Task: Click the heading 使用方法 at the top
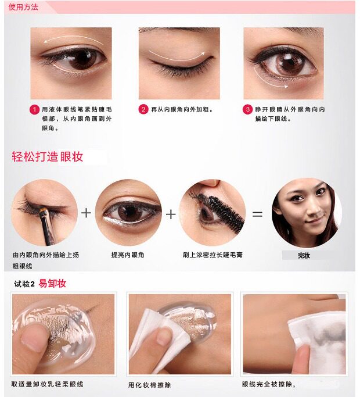(23, 7)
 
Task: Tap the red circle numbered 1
(35, 110)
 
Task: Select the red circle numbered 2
(143, 109)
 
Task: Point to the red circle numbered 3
(248, 109)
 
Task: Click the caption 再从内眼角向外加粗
(182, 109)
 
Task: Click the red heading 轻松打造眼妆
(48, 156)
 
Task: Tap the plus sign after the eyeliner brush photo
(86, 213)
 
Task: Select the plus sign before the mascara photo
(171, 214)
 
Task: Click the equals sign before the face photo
(257, 214)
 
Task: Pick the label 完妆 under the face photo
(304, 256)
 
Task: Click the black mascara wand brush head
(226, 212)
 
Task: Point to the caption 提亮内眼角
(128, 255)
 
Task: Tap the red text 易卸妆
(52, 283)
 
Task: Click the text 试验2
(24, 284)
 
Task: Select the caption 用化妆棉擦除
(149, 385)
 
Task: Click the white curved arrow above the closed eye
(177, 56)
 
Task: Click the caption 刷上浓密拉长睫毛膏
(213, 255)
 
